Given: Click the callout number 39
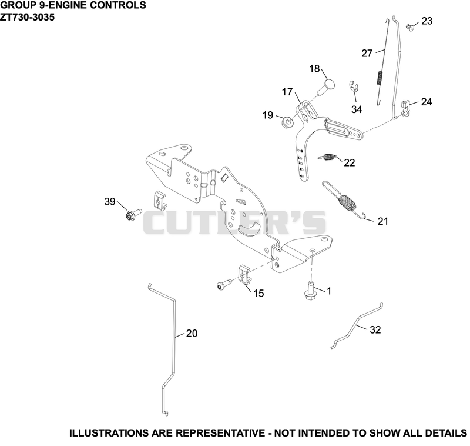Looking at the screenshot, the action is [110, 201].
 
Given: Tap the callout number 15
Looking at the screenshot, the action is [258, 293].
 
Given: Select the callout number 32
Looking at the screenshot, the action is [375, 330].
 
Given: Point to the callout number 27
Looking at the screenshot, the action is [367, 54].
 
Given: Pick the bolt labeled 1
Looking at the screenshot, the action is [309, 289].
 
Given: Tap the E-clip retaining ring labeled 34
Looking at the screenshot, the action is [354, 86].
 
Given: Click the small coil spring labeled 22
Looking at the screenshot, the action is [328, 157].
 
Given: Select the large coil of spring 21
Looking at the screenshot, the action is [347, 202].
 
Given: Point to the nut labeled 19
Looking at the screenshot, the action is [288, 122].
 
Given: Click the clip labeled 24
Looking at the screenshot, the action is [405, 108].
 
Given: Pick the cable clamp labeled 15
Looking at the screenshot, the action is [245, 274].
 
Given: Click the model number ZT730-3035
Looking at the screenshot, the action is [27, 17].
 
